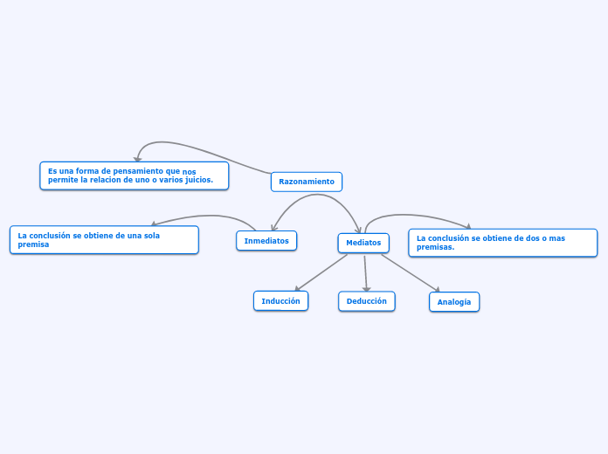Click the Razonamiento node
click(307, 182)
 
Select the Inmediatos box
click(266, 240)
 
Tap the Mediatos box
click(363, 243)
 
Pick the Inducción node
click(280, 300)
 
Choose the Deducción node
click(366, 300)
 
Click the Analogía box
click(454, 302)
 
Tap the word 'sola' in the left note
click(151, 235)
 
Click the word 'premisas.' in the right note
click(436, 247)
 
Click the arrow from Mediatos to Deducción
click(365, 272)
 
